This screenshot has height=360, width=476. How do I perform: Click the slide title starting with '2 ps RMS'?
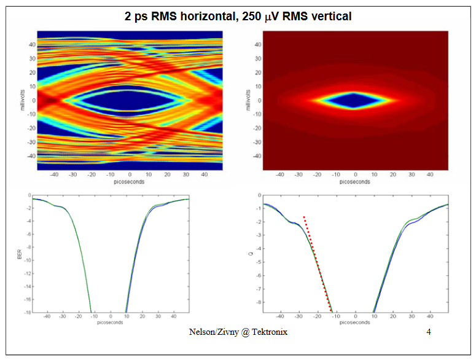click(x=238, y=17)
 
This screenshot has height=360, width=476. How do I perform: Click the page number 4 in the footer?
click(x=428, y=332)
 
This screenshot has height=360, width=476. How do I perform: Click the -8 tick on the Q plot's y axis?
click(x=259, y=302)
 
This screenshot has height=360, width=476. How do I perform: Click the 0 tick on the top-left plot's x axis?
click(x=130, y=175)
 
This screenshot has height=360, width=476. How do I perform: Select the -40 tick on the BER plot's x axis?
click(x=47, y=318)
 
